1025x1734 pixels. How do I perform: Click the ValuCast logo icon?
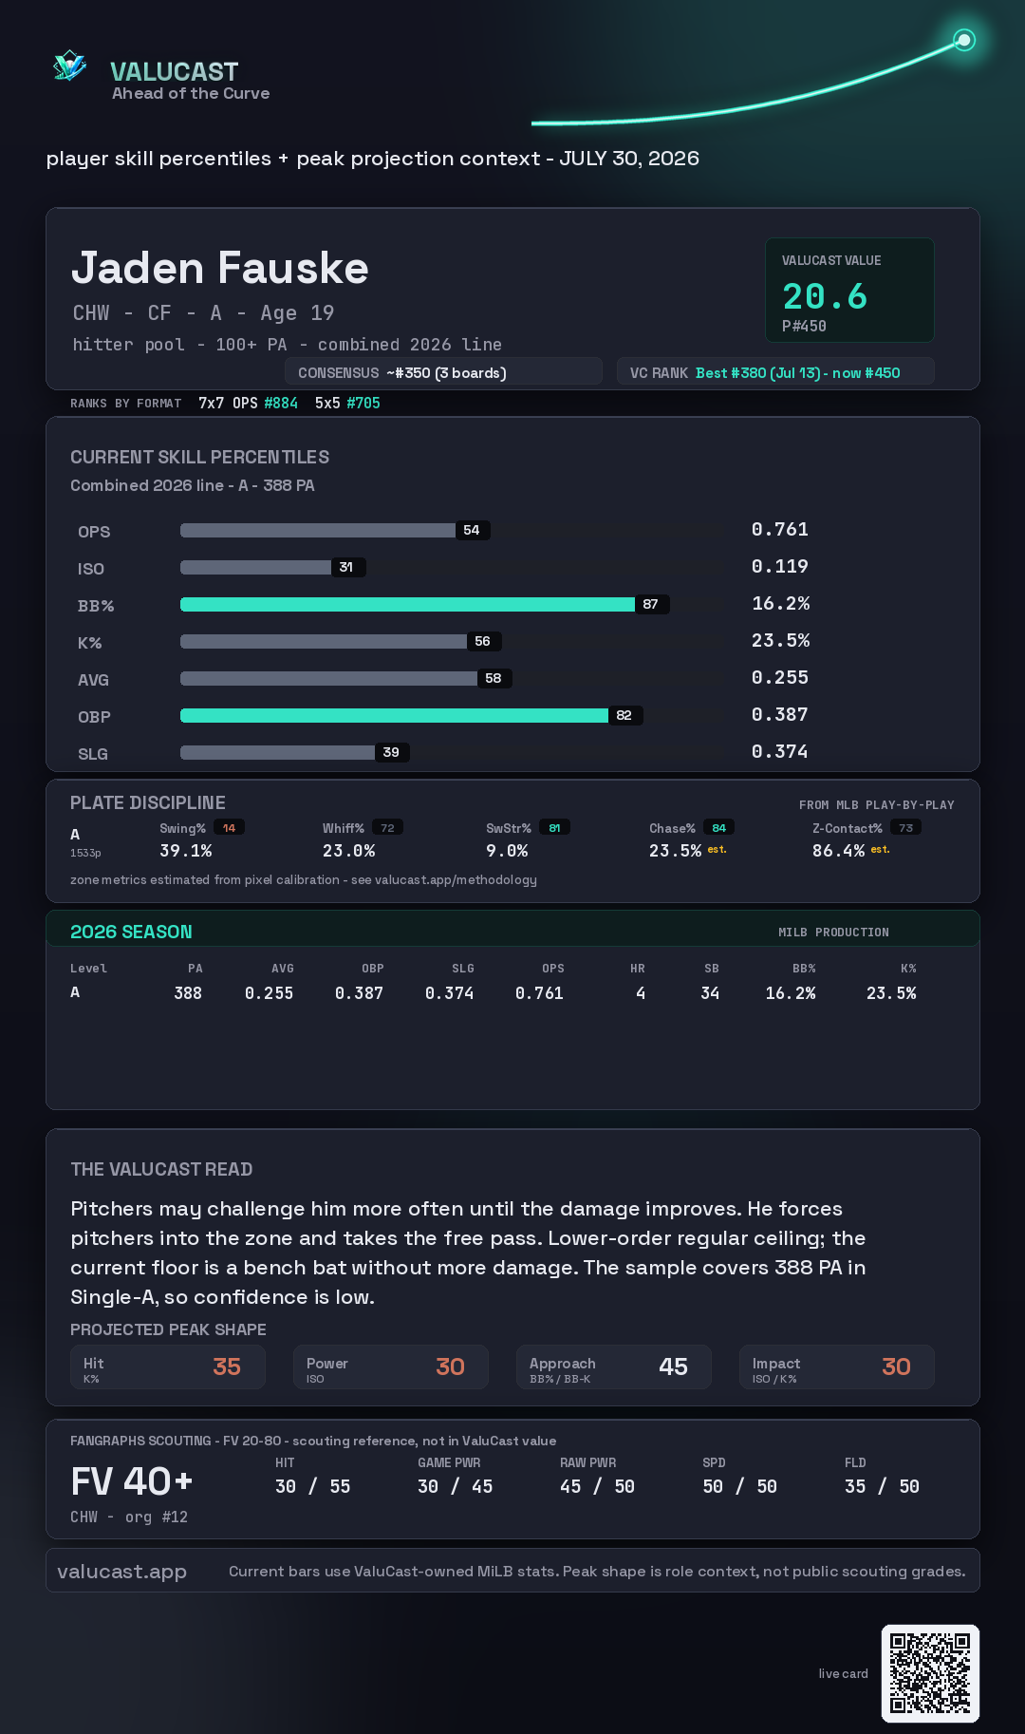coord(69,66)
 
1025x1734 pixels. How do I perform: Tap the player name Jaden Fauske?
coord(220,268)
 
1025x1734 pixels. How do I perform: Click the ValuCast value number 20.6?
coord(825,296)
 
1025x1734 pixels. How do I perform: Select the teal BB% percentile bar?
coord(407,604)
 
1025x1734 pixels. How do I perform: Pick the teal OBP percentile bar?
coord(394,715)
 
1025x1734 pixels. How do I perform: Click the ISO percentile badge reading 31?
coord(346,567)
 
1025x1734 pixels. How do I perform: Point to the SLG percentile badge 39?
coord(391,752)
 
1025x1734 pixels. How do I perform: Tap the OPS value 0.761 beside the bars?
coord(780,529)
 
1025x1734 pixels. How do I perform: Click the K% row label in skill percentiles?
coord(89,643)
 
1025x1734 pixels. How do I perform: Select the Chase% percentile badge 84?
coord(719,828)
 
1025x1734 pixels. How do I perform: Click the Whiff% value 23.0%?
coord(348,851)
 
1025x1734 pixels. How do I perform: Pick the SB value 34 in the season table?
coord(710,993)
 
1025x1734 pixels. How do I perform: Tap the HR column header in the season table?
coord(638,969)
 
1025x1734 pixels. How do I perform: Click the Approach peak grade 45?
coord(673,1366)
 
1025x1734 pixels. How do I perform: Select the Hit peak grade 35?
coord(227,1366)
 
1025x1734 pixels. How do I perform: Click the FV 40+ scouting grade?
coord(132,1481)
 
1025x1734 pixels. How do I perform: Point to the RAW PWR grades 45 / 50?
coord(597,1486)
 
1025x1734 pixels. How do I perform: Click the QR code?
coord(930,1673)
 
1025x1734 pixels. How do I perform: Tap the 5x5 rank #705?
coord(363,403)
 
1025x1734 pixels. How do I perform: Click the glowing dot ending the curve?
coord(964,40)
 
